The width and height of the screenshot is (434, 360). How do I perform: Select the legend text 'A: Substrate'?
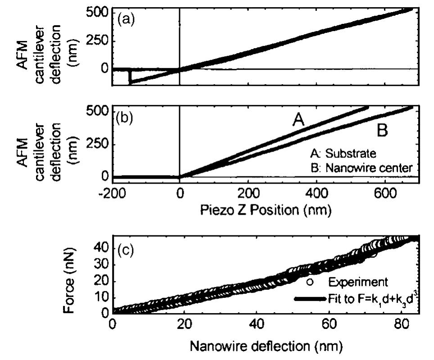(x=339, y=154)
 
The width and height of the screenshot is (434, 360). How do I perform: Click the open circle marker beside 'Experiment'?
(x=309, y=282)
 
